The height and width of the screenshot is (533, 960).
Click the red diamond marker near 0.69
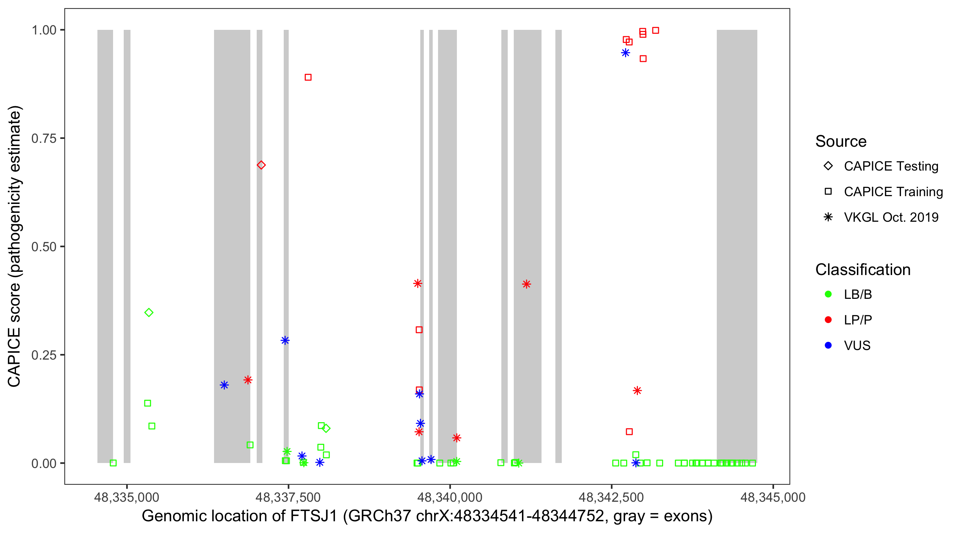coord(261,165)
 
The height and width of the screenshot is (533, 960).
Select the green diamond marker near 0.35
coord(149,312)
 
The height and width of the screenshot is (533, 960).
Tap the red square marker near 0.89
coord(308,77)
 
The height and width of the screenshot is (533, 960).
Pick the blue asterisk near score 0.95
coord(625,53)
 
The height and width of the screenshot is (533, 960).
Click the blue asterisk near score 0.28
coord(285,340)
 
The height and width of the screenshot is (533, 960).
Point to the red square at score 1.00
coord(656,31)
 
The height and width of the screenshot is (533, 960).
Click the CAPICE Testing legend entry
coord(891,166)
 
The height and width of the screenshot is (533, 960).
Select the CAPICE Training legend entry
coord(893,192)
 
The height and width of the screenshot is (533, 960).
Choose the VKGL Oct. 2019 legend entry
coord(891,217)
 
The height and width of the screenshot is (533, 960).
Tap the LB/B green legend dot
coord(828,294)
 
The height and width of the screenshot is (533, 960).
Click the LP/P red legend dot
coord(828,320)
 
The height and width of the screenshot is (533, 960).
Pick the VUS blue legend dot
coord(828,345)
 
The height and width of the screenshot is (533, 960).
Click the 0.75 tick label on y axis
coord(44,139)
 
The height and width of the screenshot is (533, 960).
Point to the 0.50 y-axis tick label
coord(44,247)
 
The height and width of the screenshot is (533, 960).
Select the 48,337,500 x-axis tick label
coord(288,497)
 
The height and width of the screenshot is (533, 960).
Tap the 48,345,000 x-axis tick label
coord(773,497)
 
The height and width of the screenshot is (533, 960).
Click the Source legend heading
coord(841,141)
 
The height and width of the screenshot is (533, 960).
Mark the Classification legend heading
coord(863,270)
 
